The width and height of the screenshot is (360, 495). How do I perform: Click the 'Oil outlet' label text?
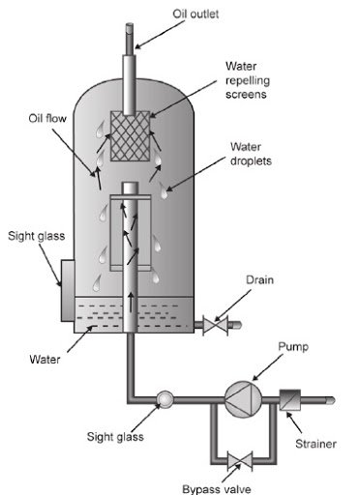coord(195,14)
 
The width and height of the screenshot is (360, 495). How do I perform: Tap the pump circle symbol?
coord(243,398)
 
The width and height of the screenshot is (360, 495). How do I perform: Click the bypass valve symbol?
coord(240,460)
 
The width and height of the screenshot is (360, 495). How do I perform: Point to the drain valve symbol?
coord(215,325)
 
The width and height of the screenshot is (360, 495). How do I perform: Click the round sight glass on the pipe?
coord(165,399)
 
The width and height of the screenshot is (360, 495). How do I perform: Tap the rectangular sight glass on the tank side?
coord(68,291)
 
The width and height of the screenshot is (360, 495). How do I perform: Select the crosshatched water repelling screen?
coord(130,136)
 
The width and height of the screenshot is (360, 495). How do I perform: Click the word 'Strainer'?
coord(315,444)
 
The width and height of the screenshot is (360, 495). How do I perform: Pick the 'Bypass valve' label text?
coord(217,489)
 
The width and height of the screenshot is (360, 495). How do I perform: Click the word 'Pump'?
coord(293,347)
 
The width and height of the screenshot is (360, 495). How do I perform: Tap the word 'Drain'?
coord(259,279)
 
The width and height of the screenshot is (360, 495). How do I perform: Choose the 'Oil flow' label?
coord(47,118)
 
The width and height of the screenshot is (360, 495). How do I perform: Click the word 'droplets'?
coord(251,161)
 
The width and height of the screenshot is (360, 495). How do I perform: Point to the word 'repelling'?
coord(248,80)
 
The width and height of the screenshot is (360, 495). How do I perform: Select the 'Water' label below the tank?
coord(45,359)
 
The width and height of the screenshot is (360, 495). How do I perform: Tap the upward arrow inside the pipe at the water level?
coord(131,303)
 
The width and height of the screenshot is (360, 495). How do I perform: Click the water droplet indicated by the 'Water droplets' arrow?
coord(164,190)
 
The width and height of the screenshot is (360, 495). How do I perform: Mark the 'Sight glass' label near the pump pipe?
coord(115,437)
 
